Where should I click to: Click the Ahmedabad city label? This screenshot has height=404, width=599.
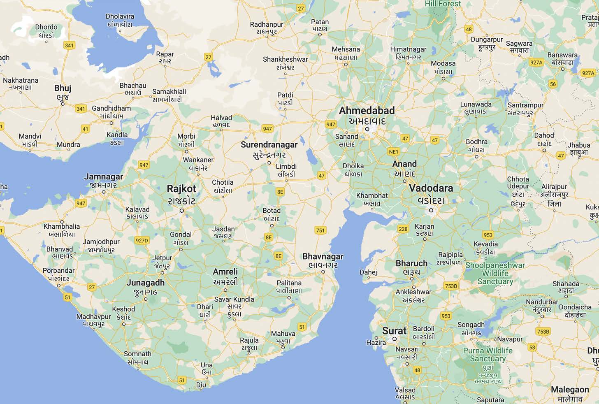pyautogui.click(x=367, y=111)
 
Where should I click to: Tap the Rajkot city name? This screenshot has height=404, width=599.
pyautogui.click(x=181, y=189)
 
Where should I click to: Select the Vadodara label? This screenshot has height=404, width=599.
pyautogui.click(x=431, y=188)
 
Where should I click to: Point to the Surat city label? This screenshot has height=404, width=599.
pyautogui.click(x=394, y=331)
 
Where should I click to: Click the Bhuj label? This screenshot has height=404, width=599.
pyautogui.click(x=63, y=88)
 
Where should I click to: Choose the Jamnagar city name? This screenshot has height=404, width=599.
pyautogui.click(x=104, y=177)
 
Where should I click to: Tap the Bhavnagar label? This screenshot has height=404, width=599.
pyautogui.click(x=323, y=256)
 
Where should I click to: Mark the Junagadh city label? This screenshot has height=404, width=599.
pyautogui.click(x=145, y=283)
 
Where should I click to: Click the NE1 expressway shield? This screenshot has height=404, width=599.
pyautogui.click(x=394, y=152)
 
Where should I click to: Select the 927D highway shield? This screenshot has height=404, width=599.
pyautogui.click(x=142, y=241)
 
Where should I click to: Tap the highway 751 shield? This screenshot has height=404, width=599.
pyautogui.click(x=320, y=230)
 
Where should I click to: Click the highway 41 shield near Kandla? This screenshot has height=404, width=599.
pyautogui.click(x=85, y=129)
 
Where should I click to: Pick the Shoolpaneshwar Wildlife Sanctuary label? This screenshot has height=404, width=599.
pyautogui.click(x=495, y=274)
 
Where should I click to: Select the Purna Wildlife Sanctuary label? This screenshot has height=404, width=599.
pyautogui.click(x=488, y=355)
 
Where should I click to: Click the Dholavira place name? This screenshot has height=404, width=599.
pyautogui.click(x=120, y=16)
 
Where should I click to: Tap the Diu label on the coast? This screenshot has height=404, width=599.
pyautogui.click(x=201, y=385)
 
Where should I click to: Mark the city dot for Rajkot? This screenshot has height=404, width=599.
pyautogui.click(x=181, y=211)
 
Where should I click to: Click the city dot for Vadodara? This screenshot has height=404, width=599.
pyautogui.click(x=431, y=210)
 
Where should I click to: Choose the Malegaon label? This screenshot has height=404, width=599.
pyautogui.click(x=570, y=390)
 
